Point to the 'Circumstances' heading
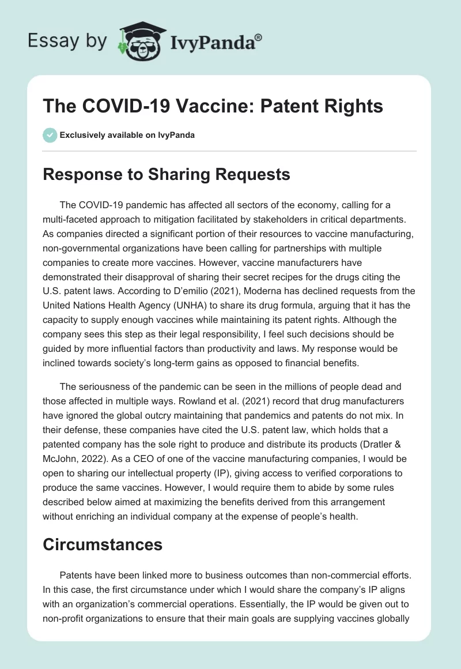point(102,545)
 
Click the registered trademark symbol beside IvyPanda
point(259,36)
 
